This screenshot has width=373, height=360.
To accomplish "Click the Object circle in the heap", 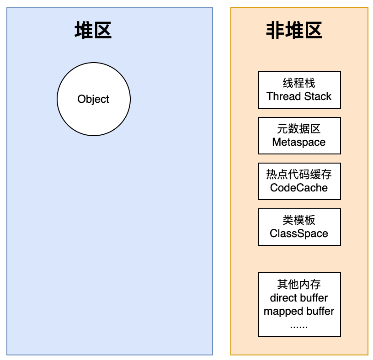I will [93, 114].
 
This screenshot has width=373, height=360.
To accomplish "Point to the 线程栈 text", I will [299, 83].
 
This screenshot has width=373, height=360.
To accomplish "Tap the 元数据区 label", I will [299, 129].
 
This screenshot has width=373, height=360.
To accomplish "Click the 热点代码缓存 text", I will [299, 175].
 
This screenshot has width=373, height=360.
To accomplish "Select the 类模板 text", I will [299, 220].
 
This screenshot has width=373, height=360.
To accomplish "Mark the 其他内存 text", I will [299, 285].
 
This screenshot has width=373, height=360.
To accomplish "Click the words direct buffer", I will [299, 298].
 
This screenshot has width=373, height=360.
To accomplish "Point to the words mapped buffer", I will [299, 312].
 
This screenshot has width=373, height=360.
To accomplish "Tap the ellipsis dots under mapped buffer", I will [299, 326].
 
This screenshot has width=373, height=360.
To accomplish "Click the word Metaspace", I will [299, 142].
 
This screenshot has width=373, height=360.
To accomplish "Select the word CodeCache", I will [299, 188].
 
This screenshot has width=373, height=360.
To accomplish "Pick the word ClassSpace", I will [299, 233].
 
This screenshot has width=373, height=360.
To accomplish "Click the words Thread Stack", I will [299, 96].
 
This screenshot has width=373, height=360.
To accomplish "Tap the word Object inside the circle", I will [93, 99].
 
